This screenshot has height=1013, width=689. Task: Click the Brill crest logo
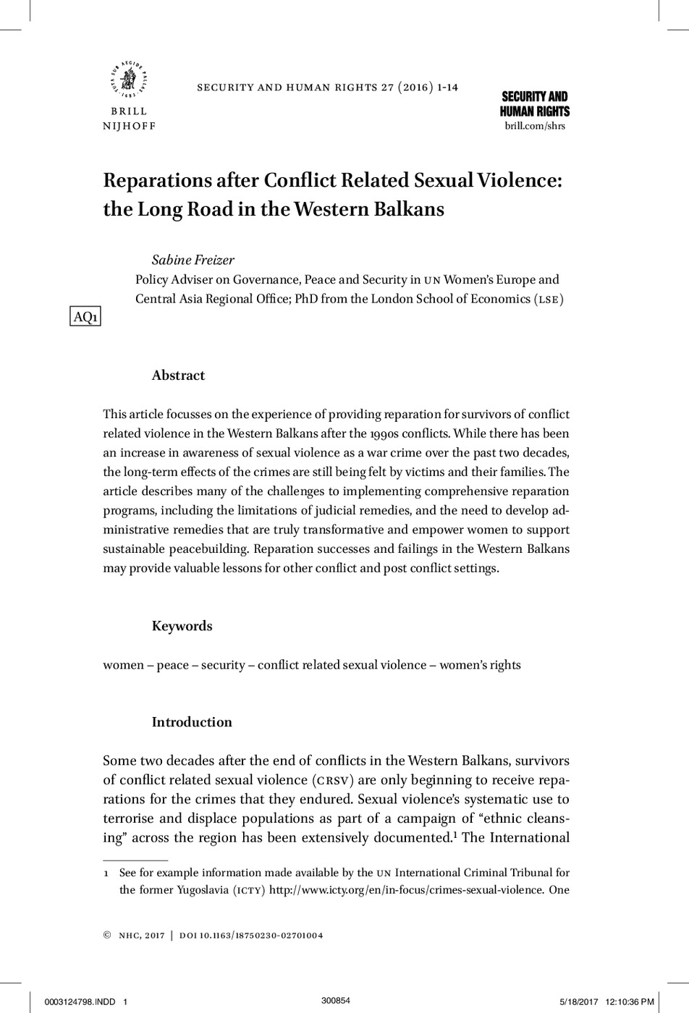[x=130, y=79]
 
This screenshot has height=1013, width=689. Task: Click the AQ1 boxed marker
[x=85, y=317]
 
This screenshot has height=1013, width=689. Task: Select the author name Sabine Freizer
[x=193, y=260]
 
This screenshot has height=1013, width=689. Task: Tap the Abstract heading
[x=178, y=376]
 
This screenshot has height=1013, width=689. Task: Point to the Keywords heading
[x=182, y=626]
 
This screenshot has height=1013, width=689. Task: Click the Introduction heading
[x=192, y=722]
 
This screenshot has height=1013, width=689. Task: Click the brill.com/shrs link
[x=534, y=126]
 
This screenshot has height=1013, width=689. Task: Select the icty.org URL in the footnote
[x=406, y=889]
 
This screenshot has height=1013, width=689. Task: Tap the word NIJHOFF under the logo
[x=130, y=126]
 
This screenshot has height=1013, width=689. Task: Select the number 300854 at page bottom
[x=336, y=1001]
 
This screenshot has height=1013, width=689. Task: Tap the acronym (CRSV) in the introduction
[x=333, y=780]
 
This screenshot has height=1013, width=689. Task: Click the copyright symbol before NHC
[x=108, y=936]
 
